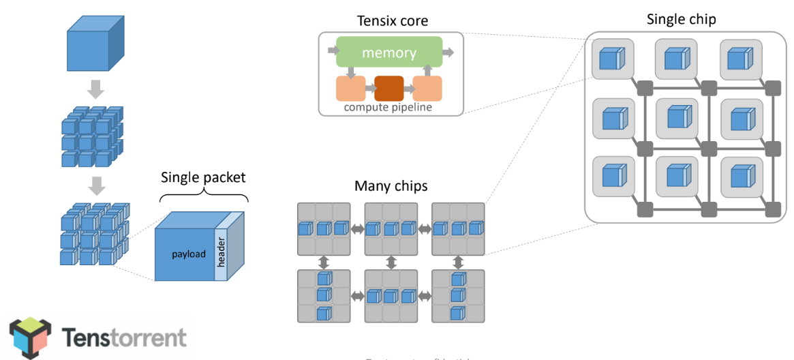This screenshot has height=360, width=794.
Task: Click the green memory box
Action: pos(389,52)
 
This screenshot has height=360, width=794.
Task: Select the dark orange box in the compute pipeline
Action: pos(388,89)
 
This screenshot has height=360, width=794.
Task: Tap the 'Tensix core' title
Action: pos(393,21)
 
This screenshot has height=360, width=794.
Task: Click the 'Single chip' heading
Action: pos(681,18)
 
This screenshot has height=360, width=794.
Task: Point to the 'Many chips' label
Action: pos(391,185)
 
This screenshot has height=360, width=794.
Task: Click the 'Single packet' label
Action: pos(203,177)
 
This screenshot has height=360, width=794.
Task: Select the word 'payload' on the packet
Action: pos(189,254)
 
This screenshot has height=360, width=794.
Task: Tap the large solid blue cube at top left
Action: pos(95,46)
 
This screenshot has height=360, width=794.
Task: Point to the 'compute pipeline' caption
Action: pos(388,107)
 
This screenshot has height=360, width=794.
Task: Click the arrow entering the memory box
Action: pos(332,50)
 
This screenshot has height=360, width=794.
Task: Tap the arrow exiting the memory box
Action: pos(448,52)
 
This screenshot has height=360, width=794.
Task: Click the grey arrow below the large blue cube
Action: pos(96,89)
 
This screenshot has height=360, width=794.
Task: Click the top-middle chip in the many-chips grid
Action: pos(391,228)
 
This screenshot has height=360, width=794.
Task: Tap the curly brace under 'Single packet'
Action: pos(203,196)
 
